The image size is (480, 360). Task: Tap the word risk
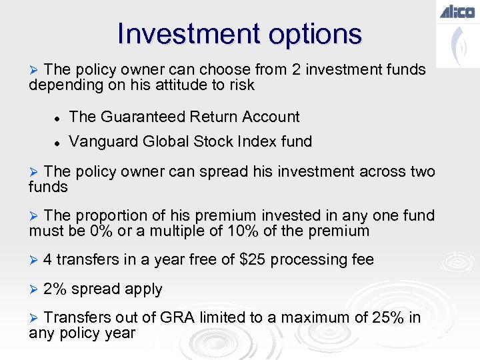(x=241, y=85)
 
